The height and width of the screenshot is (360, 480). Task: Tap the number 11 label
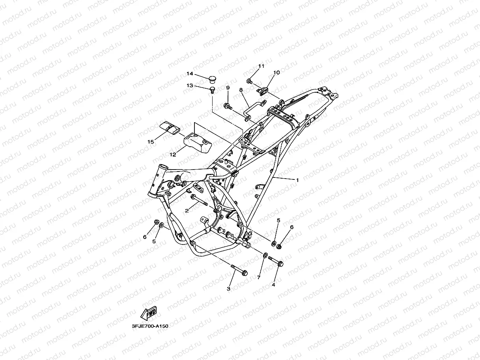pyautogui.click(x=261, y=66)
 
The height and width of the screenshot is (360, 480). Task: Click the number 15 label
pyautogui.click(x=150, y=142)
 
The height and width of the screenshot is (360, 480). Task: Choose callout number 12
pyautogui.click(x=173, y=155)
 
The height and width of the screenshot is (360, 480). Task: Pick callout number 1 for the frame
pyautogui.click(x=297, y=180)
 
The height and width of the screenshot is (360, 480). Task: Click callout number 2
pyautogui.click(x=187, y=211)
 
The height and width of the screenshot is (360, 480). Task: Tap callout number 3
pyautogui.click(x=228, y=289)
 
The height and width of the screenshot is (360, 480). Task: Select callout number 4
pyautogui.click(x=273, y=284)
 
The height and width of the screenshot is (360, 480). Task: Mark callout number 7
pyautogui.click(x=259, y=278)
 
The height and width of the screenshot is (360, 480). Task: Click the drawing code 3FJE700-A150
pyautogui.click(x=150, y=326)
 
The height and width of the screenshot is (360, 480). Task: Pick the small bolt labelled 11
pyautogui.click(x=250, y=81)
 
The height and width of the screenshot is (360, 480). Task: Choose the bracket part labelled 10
pyautogui.click(x=263, y=90)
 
